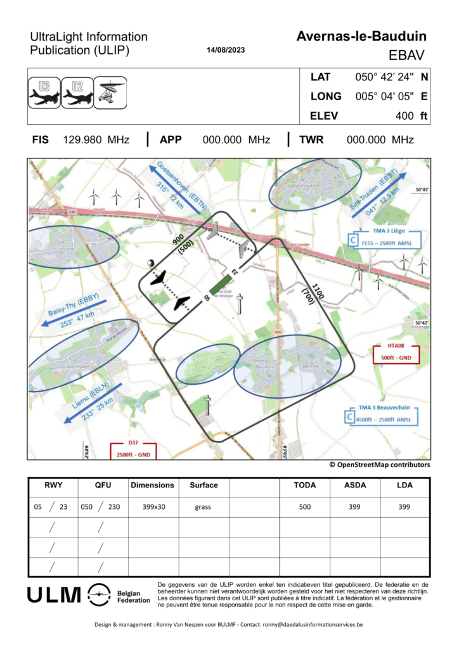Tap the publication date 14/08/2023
(x=226, y=50)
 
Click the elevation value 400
(x=404, y=115)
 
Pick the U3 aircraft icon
(x=44, y=93)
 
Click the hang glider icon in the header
(x=111, y=93)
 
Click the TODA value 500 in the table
(x=305, y=507)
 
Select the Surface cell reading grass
(x=204, y=507)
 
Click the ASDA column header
(x=355, y=485)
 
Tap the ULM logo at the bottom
(x=55, y=595)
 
